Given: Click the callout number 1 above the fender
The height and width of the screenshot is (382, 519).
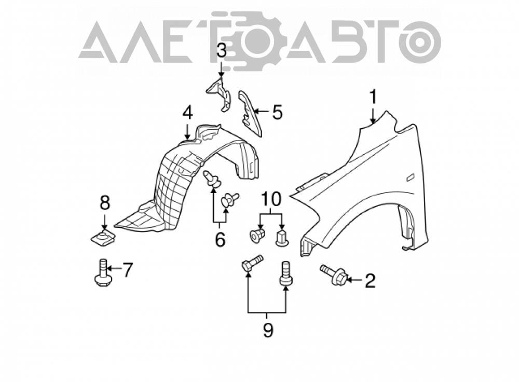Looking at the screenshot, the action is (x=373, y=98).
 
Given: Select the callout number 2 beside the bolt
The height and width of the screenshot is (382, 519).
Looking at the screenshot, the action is (x=370, y=281).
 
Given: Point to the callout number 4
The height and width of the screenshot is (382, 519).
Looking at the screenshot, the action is (x=187, y=113).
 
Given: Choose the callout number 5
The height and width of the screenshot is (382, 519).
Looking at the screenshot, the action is (x=277, y=112).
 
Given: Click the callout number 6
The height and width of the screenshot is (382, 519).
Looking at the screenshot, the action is (x=220, y=239).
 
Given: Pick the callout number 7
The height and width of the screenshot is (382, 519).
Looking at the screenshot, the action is (x=127, y=270).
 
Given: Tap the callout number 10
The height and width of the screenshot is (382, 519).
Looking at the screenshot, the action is (x=271, y=199).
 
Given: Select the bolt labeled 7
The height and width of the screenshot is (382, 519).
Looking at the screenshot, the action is (x=101, y=273).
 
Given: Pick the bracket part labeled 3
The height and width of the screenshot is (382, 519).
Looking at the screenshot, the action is (x=219, y=93).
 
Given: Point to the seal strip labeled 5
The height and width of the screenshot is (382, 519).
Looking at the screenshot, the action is (x=250, y=113).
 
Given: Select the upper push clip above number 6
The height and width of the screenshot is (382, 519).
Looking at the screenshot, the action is (x=212, y=179).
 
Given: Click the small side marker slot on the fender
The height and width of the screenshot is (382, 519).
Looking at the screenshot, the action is (x=411, y=178).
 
